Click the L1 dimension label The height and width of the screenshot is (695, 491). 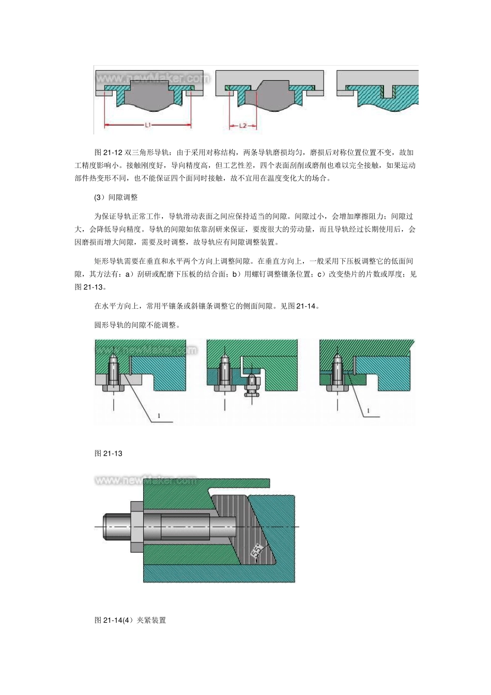pyautogui.click(x=148, y=125)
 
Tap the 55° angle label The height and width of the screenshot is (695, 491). pyautogui.click(x=257, y=551)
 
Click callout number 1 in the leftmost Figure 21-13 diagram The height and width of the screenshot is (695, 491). pyautogui.click(x=159, y=415)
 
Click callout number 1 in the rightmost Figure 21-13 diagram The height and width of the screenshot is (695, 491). pyautogui.click(x=368, y=411)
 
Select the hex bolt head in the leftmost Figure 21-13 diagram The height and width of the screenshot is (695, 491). pyautogui.click(x=113, y=388)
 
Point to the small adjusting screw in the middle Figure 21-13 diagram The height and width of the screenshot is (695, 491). pyautogui.click(x=251, y=386)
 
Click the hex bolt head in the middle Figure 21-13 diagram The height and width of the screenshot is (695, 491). pyautogui.click(x=225, y=388)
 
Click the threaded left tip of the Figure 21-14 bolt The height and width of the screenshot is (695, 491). pyautogui.click(x=113, y=526)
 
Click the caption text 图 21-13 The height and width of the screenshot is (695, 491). pyautogui.click(x=109, y=454)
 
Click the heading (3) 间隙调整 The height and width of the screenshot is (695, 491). pyautogui.click(x=116, y=198)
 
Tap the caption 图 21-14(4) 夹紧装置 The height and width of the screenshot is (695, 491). pyautogui.click(x=130, y=620)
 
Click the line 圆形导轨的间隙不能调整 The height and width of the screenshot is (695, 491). pyautogui.click(x=137, y=325)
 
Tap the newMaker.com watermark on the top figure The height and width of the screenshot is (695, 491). pyautogui.click(x=153, y=79)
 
